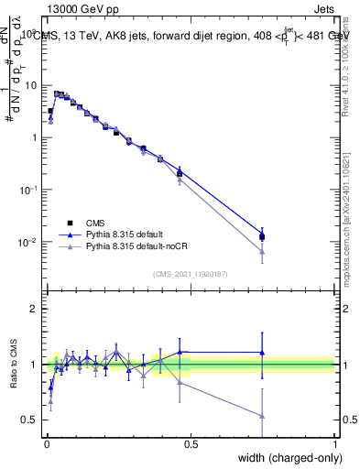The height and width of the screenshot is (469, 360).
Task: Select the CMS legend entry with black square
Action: point(91,223)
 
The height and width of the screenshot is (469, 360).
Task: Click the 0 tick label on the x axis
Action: point(46,445)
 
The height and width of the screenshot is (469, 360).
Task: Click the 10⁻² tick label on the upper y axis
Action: point(27,243)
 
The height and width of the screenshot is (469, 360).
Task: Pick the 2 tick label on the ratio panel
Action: point(35,309)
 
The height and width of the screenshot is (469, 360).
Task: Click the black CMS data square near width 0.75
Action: point(263,237)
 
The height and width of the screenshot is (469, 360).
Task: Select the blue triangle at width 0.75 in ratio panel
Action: point(263,353)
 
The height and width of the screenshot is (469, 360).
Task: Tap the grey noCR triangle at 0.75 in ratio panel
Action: point(263,416)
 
